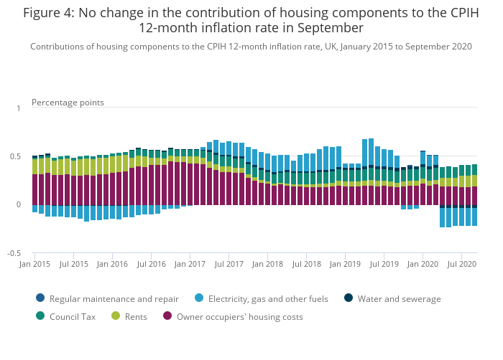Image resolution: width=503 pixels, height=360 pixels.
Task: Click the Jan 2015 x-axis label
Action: point(34,265)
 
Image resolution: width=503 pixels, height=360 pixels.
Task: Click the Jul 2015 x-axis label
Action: point(73,265)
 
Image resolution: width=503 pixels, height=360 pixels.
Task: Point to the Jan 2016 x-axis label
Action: point(112,265)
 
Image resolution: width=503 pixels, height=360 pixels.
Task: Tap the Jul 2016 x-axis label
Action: point(151,265)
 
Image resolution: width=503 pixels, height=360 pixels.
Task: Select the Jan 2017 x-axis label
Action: point(190,265)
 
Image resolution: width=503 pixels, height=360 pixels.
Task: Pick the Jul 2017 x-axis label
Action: point(229,265)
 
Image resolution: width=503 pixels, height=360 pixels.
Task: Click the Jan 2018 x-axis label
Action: point(267,265)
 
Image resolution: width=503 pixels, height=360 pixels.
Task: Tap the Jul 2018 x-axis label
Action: point(306,265)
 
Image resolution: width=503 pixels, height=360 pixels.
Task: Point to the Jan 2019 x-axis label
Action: point(345,265)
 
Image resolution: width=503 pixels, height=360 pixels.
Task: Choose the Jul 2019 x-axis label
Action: point(384,265)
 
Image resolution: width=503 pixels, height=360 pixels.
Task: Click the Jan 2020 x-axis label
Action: point(423,265)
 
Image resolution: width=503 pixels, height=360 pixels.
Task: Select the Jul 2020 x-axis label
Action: point(461,265)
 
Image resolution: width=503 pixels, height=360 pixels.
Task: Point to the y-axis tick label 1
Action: point(19,108)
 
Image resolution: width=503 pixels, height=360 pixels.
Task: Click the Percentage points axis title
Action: point(68,103)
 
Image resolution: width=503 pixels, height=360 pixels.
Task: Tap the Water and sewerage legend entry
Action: point(399,299)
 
